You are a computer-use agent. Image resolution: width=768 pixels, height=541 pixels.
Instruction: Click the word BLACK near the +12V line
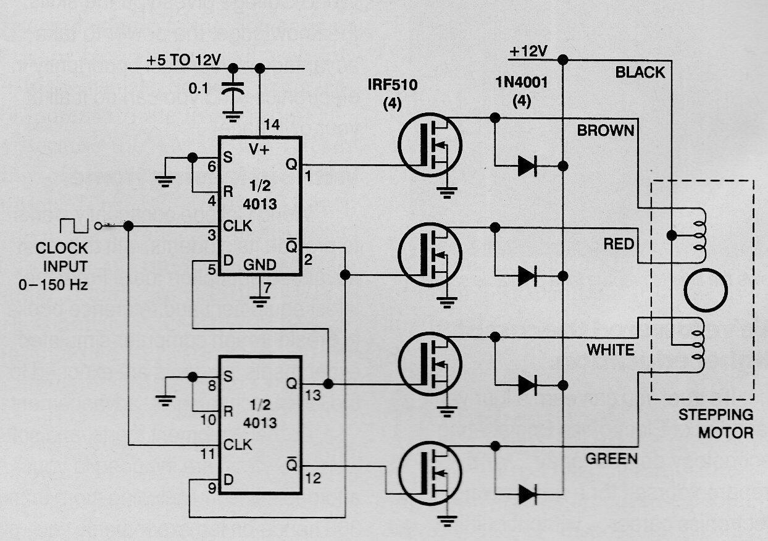point(640,72)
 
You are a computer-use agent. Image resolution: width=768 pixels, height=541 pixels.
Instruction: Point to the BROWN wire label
point(605,130)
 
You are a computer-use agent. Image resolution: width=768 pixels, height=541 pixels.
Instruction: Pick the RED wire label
point(619,244)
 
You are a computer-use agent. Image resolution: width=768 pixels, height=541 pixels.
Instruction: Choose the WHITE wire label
point(610,350)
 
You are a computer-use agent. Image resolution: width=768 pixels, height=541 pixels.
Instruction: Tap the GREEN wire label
point(611,459)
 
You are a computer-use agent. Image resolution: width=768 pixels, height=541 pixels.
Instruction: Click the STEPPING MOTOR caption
point(716,424)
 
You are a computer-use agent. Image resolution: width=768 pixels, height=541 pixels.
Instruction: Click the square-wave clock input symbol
point(73,226)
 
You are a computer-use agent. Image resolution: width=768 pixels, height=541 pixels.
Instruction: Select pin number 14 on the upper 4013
point(272,125)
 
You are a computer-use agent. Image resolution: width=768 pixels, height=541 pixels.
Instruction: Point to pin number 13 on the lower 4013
point(313,395)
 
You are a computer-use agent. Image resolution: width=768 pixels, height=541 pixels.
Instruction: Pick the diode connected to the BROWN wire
point(527,166)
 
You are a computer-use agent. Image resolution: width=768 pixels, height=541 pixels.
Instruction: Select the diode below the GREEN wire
point(527,493)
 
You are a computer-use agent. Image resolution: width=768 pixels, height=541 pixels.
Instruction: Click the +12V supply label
point(528,52)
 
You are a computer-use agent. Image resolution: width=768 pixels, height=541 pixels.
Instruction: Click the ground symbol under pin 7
point(259,301)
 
